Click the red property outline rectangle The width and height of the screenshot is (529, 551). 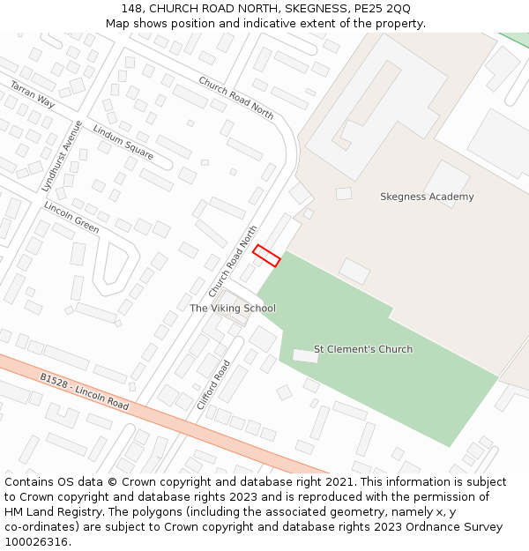coord(266,256)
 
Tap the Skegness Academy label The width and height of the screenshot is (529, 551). coord(427,197)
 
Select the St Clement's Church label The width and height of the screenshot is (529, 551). coord(363,349)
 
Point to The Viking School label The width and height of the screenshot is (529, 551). coord(233,309)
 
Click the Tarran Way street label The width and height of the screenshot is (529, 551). coord(33,94)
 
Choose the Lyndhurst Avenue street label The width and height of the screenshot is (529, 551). coord(62,156)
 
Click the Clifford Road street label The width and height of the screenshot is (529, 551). coord(212,384)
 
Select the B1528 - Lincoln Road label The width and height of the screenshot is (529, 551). coord(85,391)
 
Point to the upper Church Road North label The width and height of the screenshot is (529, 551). coord(235,97)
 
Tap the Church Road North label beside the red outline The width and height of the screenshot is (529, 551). coord(233,262)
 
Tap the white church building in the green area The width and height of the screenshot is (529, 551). coord(305,355)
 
